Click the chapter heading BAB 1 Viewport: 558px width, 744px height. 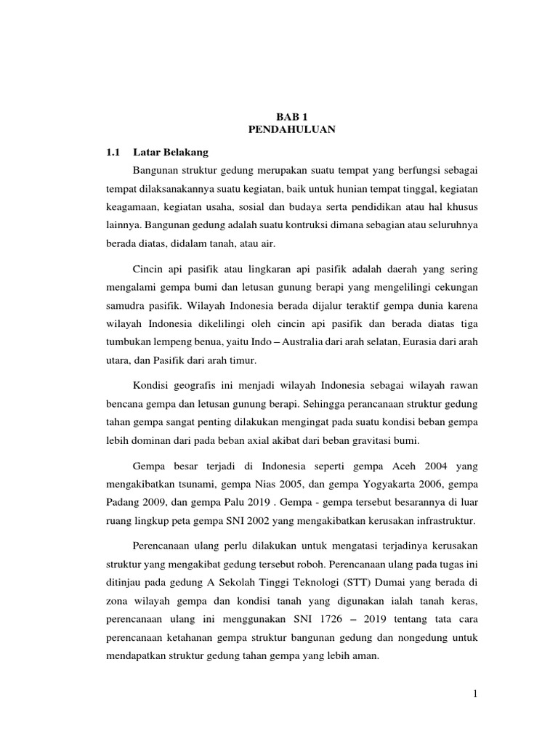coord(291,116)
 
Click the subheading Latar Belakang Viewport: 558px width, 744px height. coord(171,153)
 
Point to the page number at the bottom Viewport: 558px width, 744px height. coord(475,695)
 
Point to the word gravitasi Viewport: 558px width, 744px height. coord(389,440)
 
